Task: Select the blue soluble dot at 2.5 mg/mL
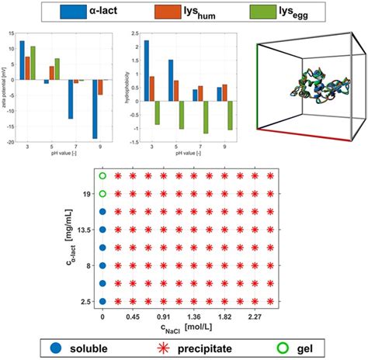[x=102, y=300]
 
